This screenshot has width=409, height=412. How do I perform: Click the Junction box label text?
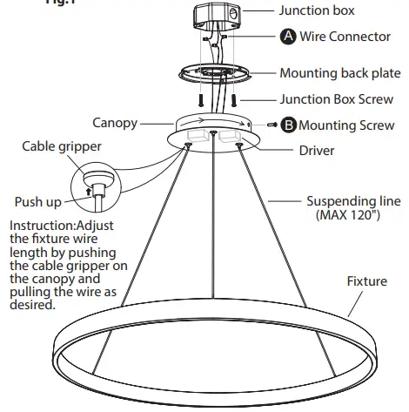coord(318,10)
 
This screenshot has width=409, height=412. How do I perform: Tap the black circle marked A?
coord(288,37)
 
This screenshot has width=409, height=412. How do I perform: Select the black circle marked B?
coord(288,125)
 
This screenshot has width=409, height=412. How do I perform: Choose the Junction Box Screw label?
coord(336,99)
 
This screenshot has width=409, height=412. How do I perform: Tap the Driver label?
coord(317,150)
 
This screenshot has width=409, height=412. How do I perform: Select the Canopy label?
coord(115,123)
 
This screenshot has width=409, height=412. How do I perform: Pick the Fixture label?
coord(366,281)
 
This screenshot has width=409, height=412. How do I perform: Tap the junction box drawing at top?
coord(214,18)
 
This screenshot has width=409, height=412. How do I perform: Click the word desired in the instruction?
coord(30,306)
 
